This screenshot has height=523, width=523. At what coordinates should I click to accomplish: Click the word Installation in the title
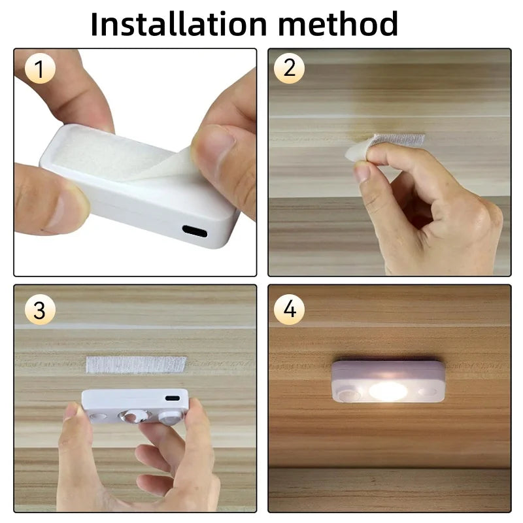pyautogui.click(x=177, y=24)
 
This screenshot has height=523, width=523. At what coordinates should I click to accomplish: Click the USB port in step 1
pyautogui.click(x=195, y=231)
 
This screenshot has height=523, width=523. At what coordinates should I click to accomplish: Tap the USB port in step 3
pyautogui.click(x=173, y=397)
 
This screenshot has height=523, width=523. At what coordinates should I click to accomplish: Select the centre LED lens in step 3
pyautogui.click(x=136, y=416)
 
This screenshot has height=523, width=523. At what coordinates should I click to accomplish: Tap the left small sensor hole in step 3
pyautogui.click(x=98, y=416)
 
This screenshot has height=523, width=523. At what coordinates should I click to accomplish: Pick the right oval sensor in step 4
pyautogui.click(x=428, y=392)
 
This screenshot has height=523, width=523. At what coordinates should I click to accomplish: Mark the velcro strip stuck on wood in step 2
pyautogui.click(x=399, y=139)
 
